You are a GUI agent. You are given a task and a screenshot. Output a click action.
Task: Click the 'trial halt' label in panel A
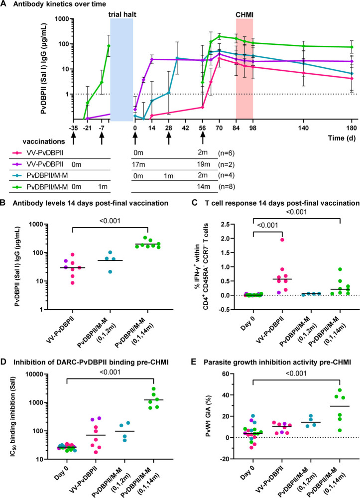tap(121, 14)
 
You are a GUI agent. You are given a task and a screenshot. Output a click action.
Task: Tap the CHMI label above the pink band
tap(244, 14)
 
